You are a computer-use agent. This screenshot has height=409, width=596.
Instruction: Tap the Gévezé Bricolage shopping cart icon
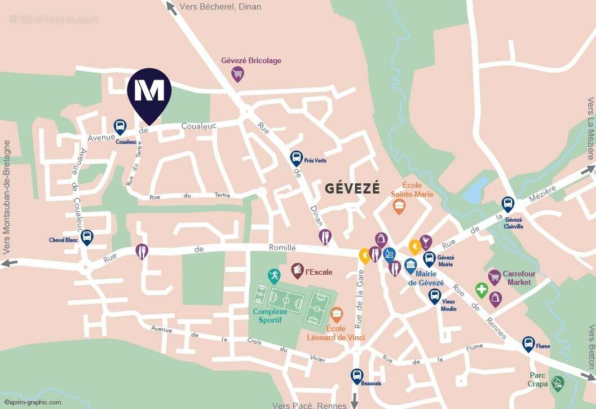[x=238, y=73]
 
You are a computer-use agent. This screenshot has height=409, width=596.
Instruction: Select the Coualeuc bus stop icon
[x=120, y=127]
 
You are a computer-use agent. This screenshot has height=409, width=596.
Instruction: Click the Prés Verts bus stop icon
[x=296, y=159]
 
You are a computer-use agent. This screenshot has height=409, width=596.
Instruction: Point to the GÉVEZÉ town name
[x=352, y=188]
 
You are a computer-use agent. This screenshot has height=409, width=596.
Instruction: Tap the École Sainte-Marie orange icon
[x=399, y=206]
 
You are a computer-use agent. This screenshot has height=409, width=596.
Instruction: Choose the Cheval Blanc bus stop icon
[x=86, y=237]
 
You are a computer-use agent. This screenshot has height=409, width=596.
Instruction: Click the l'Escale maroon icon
[x=297, y=271]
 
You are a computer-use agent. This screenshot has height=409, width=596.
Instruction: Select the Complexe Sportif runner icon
[x=273, y=276]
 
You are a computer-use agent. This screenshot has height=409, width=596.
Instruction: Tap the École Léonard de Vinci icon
[x=337, y=315]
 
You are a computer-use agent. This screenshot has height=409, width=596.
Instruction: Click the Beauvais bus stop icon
[x=356, y=376]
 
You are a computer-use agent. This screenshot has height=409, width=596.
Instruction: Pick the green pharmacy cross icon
[x=481, y=291]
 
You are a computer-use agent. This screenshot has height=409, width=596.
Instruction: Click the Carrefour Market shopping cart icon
[x=495, y=277]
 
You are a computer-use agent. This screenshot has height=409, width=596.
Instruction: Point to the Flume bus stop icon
[x=528, y=344]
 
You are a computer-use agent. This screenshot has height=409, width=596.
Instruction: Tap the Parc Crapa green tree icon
[x=558, y=384]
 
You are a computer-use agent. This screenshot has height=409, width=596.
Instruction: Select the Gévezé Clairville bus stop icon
[x=508, y=204]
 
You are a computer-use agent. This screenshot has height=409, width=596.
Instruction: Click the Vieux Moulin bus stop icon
[x=434, y=296]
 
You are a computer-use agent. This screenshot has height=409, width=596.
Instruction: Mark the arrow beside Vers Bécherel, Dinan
[x=170, y=7]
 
